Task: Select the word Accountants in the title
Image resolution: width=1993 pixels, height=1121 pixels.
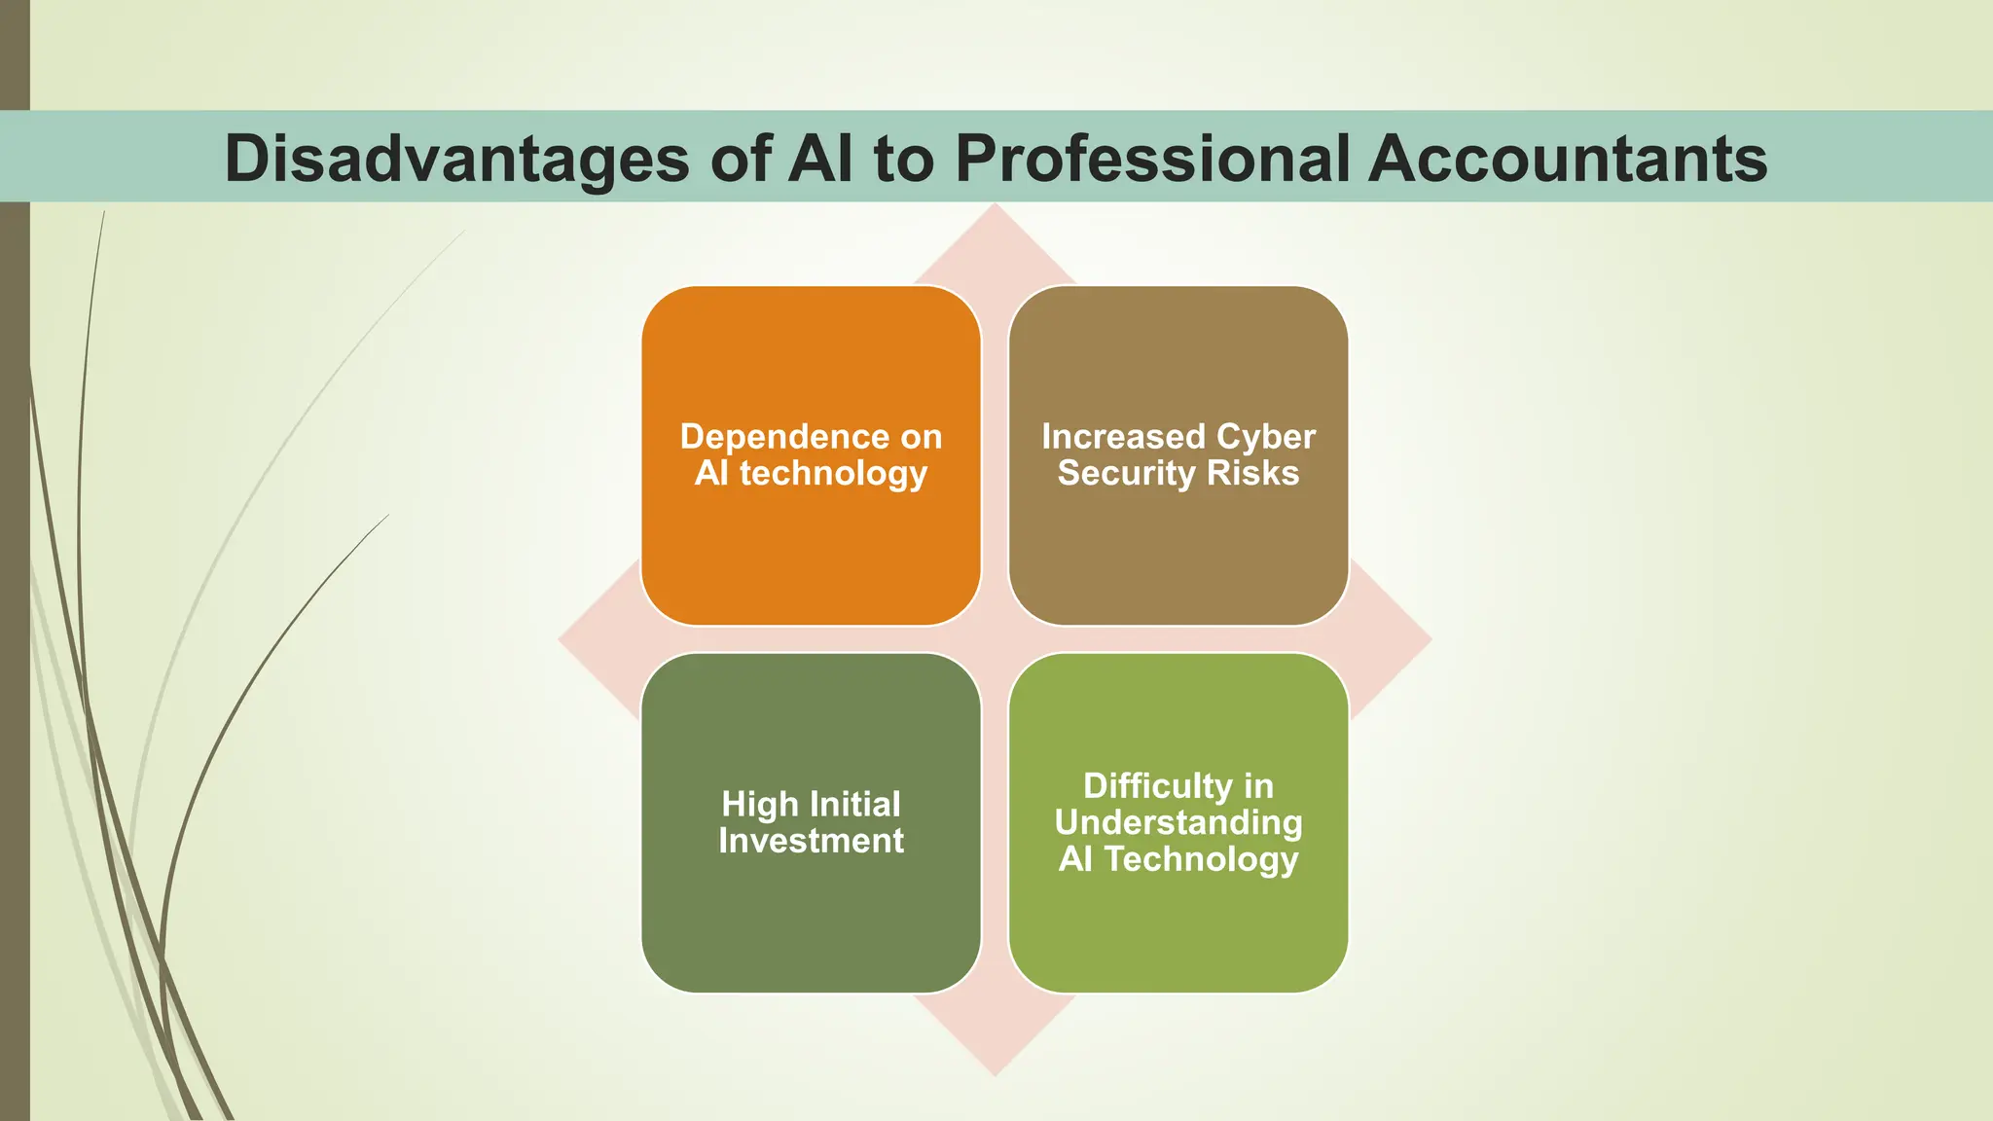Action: point(1567,158)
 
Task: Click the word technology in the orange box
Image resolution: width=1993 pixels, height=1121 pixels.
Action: point(833,474)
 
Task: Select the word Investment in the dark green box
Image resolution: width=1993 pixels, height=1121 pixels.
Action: point(811,841)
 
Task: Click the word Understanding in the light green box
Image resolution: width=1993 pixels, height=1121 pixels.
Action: point(1178,823)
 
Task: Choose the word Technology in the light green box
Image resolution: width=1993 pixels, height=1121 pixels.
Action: point(1201,859)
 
